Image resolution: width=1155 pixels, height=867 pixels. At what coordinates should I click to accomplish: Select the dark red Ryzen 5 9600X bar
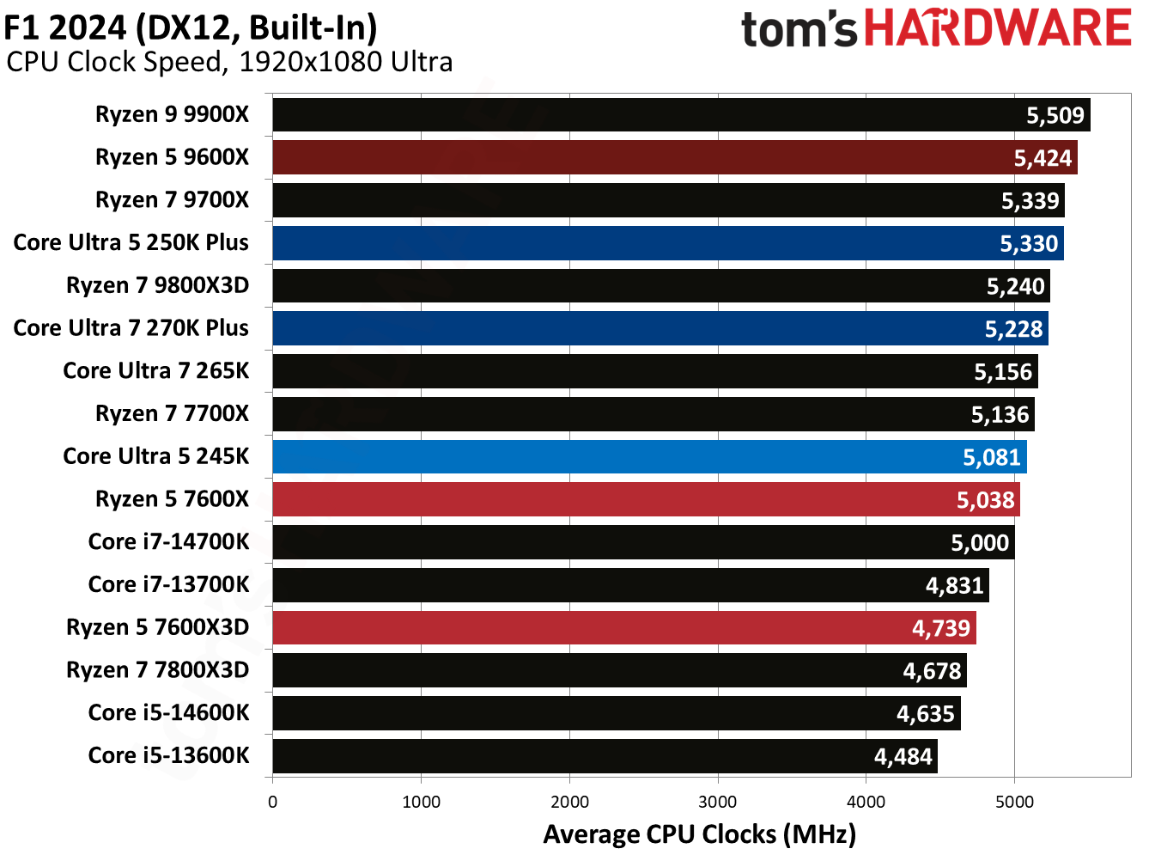(674, 158)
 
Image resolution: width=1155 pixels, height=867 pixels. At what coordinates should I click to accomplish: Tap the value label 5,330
(1028, 244)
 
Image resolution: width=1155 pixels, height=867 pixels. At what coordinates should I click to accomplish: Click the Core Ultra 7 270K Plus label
(131, 328)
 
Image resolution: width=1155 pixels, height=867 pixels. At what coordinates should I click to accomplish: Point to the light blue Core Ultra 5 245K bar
(649, 457)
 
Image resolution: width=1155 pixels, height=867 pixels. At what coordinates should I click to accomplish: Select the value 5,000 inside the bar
(979, 543)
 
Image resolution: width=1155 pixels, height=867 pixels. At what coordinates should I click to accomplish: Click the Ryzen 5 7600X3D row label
(157, 627)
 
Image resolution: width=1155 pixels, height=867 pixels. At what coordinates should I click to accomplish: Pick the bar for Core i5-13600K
(605, 757)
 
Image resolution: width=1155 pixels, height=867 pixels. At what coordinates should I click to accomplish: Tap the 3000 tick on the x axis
(717, 803)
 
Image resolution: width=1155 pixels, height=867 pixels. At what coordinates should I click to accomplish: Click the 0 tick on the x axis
(273, 803)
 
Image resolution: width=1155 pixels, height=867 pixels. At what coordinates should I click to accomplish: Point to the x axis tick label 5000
(1014, 803)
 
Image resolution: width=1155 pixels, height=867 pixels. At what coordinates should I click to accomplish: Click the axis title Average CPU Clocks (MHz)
(699, 834)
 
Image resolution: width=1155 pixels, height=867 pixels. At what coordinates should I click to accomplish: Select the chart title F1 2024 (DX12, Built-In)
(191, 27)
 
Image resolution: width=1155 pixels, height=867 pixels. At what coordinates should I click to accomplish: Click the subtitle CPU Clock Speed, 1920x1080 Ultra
(229, 62)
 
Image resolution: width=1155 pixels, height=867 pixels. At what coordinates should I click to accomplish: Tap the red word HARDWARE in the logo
(998, 28)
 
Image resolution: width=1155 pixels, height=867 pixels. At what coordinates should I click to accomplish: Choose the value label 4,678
(932, 671)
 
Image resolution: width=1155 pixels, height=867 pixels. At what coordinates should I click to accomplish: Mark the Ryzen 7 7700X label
(172, 414)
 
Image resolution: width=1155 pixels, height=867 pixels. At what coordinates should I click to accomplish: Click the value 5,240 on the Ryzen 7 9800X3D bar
(1015, 287)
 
